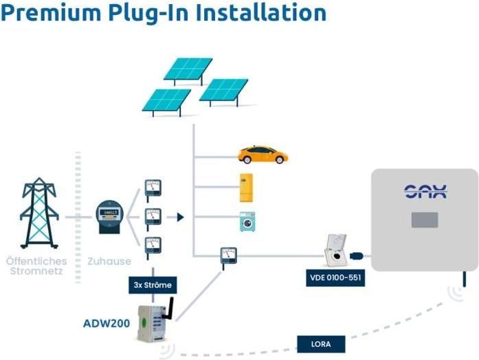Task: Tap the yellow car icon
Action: tap(263, 155)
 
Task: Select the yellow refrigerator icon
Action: tap(246, 188)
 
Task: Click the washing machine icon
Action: tap(247, 221)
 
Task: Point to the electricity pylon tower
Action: tap(38, 213)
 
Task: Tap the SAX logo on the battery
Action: tap(425, 191)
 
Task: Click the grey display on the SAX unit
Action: tap(425, 221)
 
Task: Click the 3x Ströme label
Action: tap(153, 283)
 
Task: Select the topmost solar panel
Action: tap(188, 69)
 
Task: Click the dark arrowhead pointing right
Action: tap(180, 217)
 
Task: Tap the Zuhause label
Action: tap(104, 261)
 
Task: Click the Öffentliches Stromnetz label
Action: tap(36, 266)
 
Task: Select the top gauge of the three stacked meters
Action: tap(153, 188)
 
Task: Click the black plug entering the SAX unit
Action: tap(358, 256)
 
